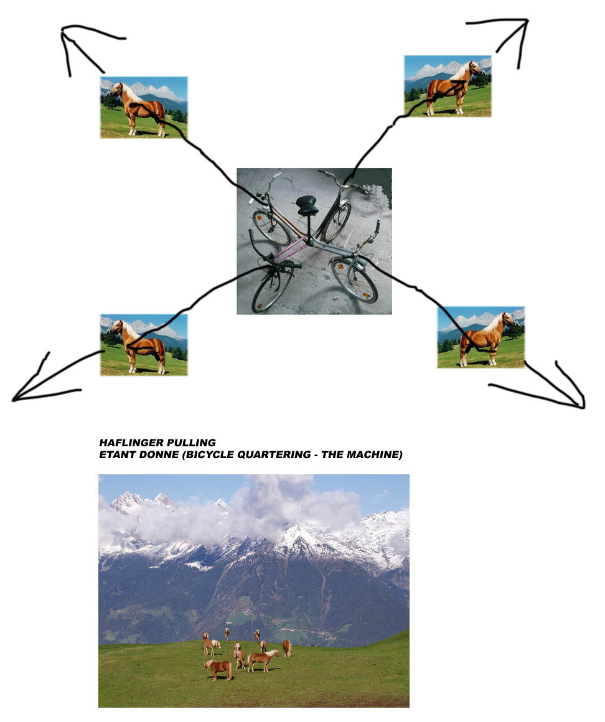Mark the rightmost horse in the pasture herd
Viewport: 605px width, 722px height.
click(287, 648)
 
